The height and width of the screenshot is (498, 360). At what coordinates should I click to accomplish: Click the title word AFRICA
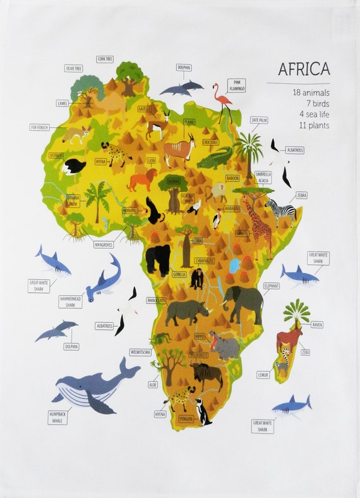[x=304, y=68]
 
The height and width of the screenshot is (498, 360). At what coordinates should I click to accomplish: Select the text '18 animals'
[x=311, y=92]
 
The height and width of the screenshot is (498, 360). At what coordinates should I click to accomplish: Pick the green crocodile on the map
[x=215, y=158]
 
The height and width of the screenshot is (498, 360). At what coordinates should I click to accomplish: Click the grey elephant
[x=243, y=302]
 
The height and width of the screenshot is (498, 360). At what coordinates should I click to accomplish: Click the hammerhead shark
[x=104, y=279]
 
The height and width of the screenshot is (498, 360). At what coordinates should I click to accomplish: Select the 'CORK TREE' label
[x=105, y=59]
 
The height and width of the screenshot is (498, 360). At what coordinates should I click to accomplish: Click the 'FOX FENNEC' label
[x=39, y=127]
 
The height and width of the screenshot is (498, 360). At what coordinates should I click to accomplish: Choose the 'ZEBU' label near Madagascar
[x=305, y=352]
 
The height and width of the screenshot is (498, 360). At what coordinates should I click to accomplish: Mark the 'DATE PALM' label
[x=259, y=119]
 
